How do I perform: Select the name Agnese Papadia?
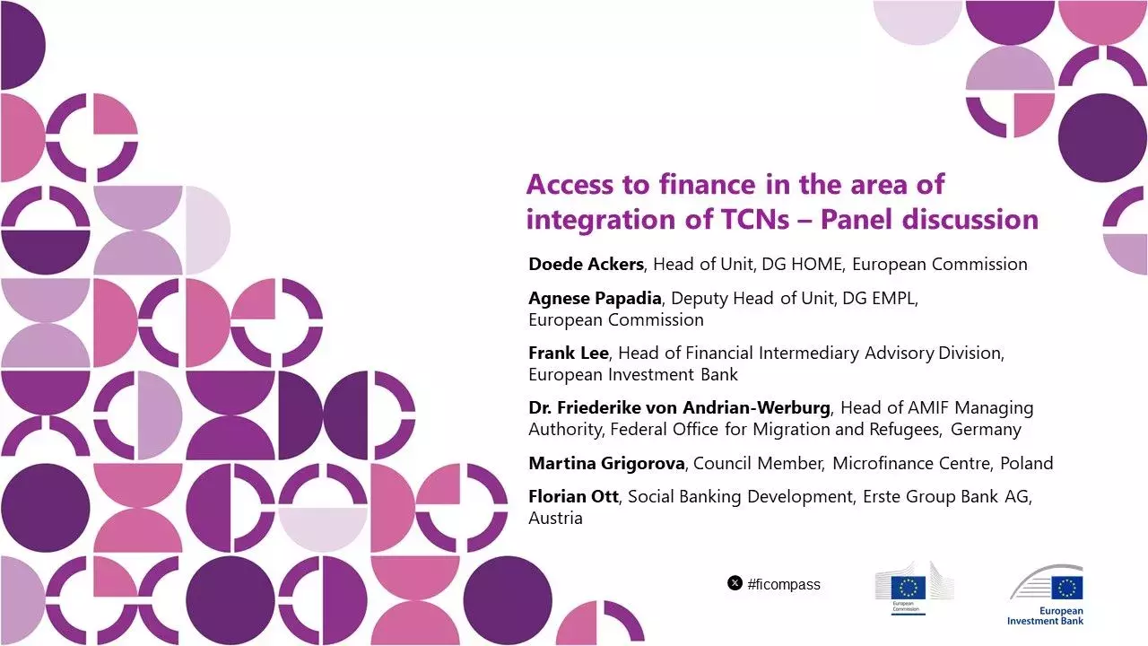pyautogui.click(x=595, y=299)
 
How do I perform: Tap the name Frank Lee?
pyautogui.click(x=568, y=353)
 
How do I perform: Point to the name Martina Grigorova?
pyautogui.click(x=607, y=463)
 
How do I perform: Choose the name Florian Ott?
pyautogui.click(x=573, y=497)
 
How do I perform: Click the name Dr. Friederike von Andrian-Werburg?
pyautogui.click(x=679, y=407)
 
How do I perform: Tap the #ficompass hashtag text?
pyautogui.click(x=784, y=584)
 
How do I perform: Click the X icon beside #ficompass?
pyautogui.click(x=735, y=583)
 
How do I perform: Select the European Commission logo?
pyautogui.click(x=914, y=589)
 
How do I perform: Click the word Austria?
pyautogui.click(x=555, y=519)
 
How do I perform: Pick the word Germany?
pyautogui.click(x=986, y=429)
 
